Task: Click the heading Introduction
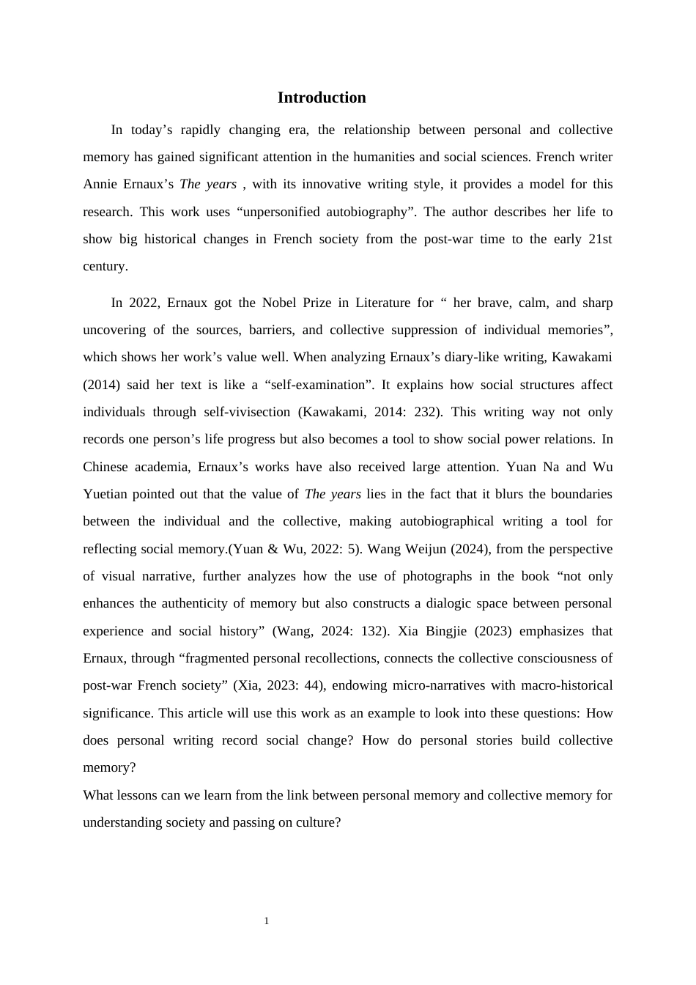point(322,97)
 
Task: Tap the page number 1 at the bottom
point(267,921)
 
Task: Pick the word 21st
point(600,239)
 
